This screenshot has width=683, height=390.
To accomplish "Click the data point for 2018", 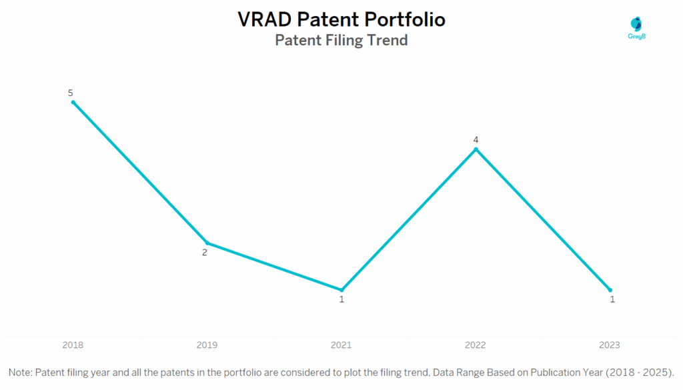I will point(73,102).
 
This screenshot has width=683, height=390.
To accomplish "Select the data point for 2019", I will point(207,243).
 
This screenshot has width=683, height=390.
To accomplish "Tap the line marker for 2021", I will point(341,290).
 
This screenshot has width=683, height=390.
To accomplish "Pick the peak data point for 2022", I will point(476,149).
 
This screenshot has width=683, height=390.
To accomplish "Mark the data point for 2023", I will point(610,290).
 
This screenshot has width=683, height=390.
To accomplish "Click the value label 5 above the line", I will point(71,93).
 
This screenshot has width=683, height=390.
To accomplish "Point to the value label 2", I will point(205,253).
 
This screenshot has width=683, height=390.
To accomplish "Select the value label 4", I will point(476,139).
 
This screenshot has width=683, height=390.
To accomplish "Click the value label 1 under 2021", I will point(341,300).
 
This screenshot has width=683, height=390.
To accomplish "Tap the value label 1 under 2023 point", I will point(612,299).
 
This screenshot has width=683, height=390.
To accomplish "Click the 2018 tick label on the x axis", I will point(73,345).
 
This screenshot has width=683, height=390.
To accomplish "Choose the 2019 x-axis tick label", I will point(207,345).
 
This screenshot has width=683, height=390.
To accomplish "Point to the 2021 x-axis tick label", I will point(341,345).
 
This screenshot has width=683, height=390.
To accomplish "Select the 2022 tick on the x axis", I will point(476,345).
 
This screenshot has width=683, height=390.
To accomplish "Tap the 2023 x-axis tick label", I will point(609,345).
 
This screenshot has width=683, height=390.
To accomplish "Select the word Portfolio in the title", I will point(406,20).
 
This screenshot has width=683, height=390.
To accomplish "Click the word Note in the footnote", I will point(20,371).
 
